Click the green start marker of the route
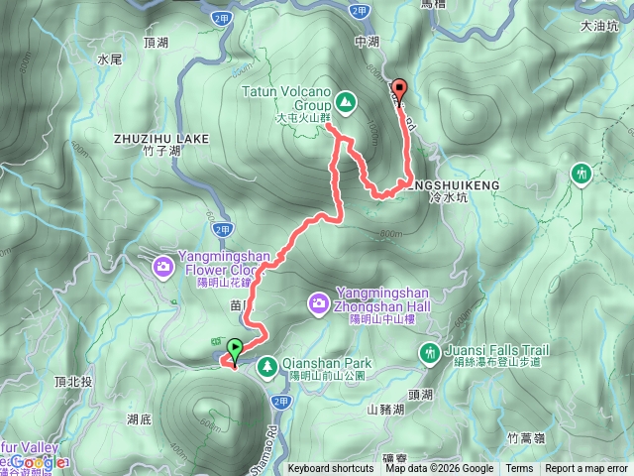click(235, 349)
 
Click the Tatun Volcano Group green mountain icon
click(345, 100)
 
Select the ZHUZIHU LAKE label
click(161, 139)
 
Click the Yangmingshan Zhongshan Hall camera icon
click(320, 300)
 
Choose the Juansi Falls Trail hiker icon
click(430, 351)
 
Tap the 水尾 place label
click(109, 59)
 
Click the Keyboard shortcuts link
click(332, 469)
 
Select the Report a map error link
click(585, 469)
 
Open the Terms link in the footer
click(519, 469)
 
